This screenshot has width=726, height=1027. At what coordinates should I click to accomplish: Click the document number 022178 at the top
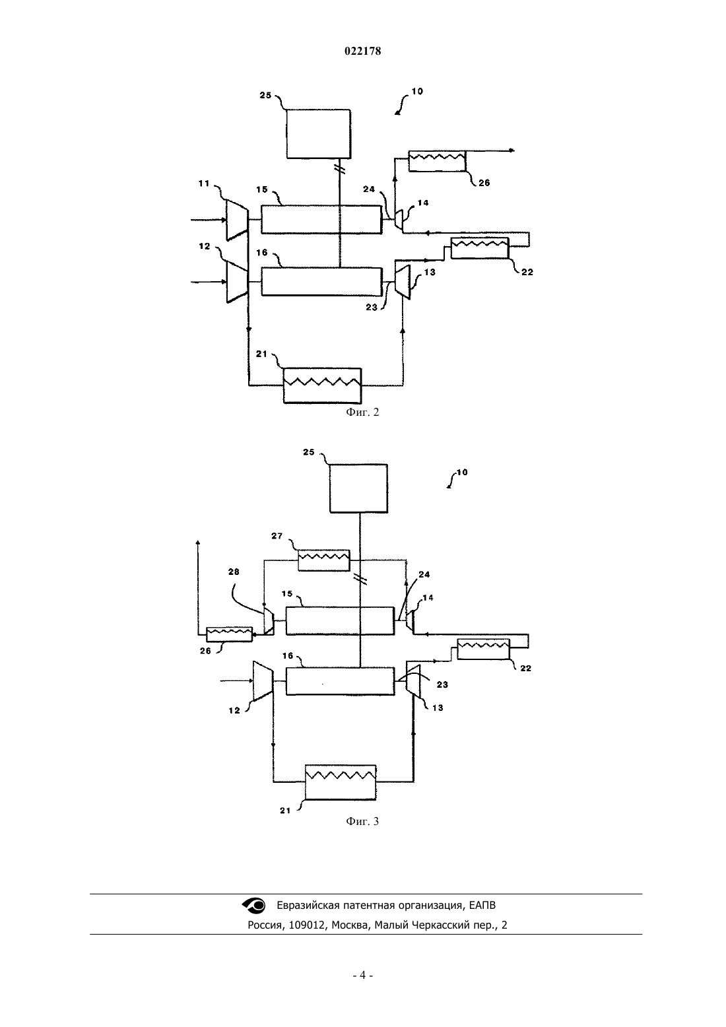click(362, 51)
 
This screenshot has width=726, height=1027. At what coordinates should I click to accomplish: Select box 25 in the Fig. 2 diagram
click(319, 134)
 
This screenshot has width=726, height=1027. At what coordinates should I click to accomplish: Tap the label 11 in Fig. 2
click(204, 183)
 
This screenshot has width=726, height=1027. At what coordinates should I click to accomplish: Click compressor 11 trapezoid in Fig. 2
click(238, 220)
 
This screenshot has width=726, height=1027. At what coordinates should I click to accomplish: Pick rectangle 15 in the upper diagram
click(321, 220)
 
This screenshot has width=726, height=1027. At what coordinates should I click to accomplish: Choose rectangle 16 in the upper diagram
click(321, 282)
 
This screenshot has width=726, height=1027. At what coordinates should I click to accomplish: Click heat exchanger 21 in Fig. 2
click(322, 385)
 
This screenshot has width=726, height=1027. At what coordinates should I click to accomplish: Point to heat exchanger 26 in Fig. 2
click(437, 161)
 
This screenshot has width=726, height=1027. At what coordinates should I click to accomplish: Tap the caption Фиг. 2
click(362, 412)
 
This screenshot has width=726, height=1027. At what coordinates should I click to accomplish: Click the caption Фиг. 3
click(362, 821)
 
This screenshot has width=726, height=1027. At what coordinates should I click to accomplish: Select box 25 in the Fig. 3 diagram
click(358, 488)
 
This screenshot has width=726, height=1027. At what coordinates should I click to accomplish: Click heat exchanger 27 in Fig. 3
click(323, 560)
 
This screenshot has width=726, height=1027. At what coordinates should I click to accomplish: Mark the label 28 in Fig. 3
click(234, 572)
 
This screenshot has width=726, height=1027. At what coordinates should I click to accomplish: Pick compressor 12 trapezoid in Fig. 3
click(263, 681)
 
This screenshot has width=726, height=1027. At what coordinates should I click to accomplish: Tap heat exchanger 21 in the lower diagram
click(341, 782)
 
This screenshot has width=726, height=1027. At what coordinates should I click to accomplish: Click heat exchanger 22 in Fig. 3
click(484, 649)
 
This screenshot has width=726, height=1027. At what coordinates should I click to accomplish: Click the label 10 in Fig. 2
click(417, 91)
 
